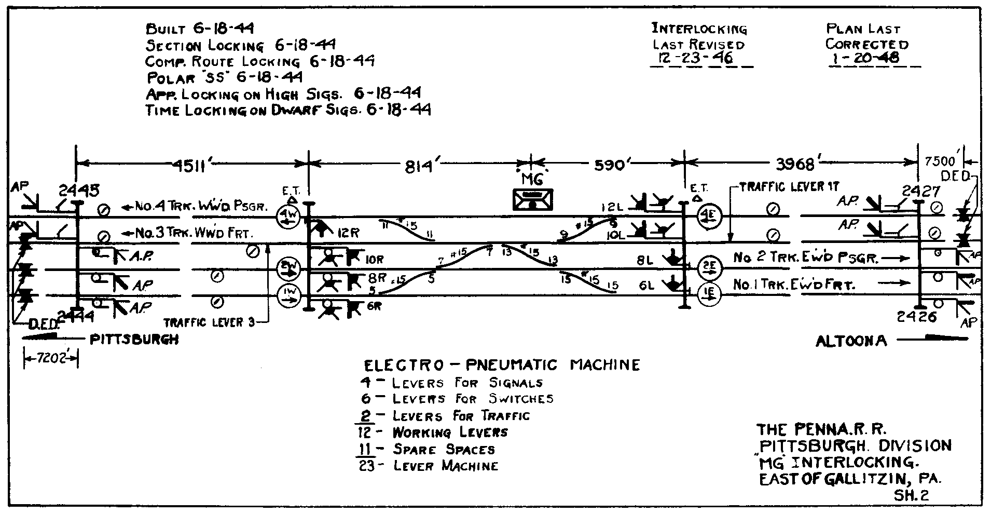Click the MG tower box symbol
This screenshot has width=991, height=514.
tap(532, 199)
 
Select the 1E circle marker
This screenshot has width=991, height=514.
tap(709, 294)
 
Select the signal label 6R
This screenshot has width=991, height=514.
tap(374, 306)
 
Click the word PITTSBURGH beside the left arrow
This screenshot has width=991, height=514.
tap(134, 340)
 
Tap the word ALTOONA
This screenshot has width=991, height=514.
tap(851, 341)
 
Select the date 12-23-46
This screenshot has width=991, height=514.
tap(695, 58)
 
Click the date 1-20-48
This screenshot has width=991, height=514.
tap(864, 58)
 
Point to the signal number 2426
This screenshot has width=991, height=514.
tap(917, 316)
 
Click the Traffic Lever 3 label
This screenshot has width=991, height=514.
tap(210, 322)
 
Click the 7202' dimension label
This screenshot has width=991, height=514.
tap(50, 358)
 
